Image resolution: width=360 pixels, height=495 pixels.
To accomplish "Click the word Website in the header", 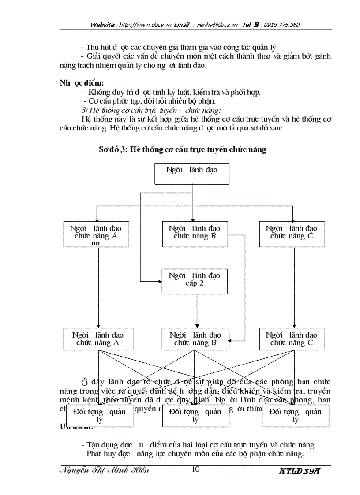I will coord(102,25).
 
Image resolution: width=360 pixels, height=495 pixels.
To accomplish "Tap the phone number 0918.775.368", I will coord(282,25).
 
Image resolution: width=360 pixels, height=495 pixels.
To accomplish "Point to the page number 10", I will coord(196,469).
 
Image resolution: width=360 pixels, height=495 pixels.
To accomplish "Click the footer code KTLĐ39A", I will coord(300,470).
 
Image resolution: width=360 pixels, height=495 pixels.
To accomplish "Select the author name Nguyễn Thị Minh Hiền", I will coord(104,469).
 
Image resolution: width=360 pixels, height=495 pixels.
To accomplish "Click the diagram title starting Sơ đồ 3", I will coord(182,149).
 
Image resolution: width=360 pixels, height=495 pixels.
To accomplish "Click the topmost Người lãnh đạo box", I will coord(192,173).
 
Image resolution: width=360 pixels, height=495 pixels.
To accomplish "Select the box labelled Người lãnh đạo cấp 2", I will coord(195,281).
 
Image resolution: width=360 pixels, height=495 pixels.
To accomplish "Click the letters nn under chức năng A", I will coord(98,243).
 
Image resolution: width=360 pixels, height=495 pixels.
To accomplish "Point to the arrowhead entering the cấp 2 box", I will coord(160,281).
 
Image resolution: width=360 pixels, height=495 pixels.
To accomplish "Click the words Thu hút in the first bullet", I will coord(97,47).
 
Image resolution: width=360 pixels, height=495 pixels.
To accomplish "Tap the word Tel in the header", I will coord(247,25).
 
